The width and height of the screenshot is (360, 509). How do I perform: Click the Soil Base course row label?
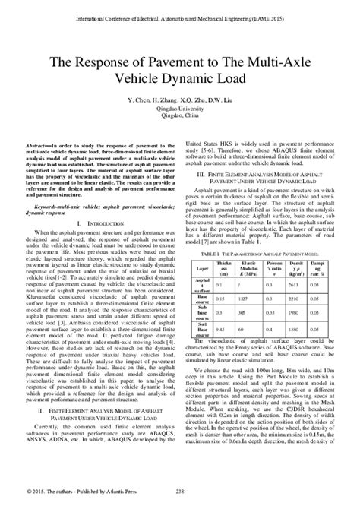tap(202, 308)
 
